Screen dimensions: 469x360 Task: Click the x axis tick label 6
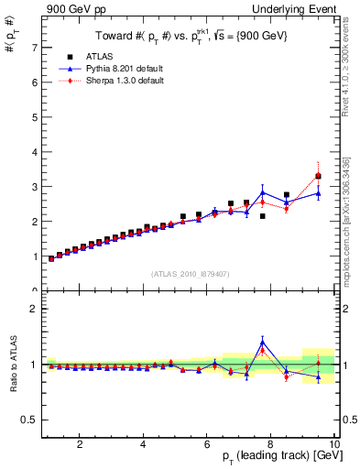(207, 444)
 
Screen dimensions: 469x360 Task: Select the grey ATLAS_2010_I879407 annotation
(190, 273)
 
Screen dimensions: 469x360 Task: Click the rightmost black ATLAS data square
(318, 176)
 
